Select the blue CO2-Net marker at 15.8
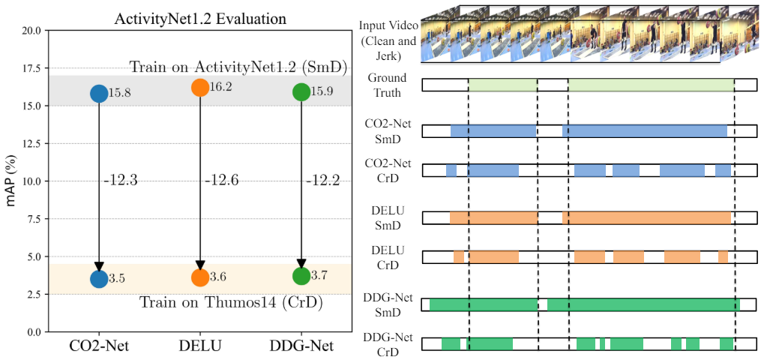(x=99, y=93)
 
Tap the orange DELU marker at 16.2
(x=200, y=88)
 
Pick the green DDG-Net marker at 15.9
(x=301, y=92)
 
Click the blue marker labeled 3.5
(x=99, y=278)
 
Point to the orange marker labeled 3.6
(x=200, y=277)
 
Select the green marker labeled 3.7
(x=301, y=275)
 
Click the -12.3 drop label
(x=121, y=180)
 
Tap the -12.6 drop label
(x=223, y=180)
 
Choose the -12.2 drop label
(x=324, y=180)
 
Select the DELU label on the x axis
(x=199, y=347)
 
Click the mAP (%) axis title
(x=10, y=181)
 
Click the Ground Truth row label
(x=387, y=85)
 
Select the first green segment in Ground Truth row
(x=502, y=85)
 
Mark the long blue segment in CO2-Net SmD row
(x=645, y=130)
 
